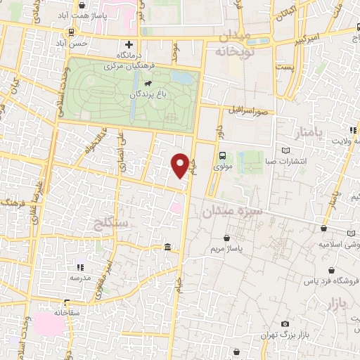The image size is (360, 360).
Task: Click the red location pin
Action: click(181, 166)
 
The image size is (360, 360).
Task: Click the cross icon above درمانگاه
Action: click(128, 43)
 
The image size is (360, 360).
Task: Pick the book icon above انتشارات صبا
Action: click(285, 150)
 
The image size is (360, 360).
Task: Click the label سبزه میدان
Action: click(233, 210)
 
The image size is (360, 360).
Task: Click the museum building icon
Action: click(166, 247)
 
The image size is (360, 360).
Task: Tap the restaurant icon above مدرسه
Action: click(79, 267)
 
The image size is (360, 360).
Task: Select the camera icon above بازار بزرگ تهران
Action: click(284, 323)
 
